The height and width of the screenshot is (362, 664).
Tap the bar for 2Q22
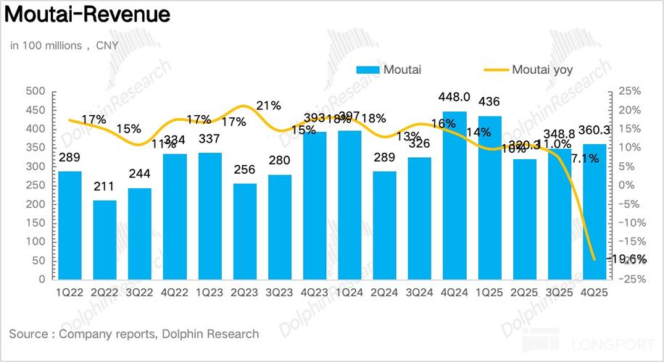[105, 240]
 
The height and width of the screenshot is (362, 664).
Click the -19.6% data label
[628, 259]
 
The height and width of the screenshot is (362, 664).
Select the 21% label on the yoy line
[268, 106]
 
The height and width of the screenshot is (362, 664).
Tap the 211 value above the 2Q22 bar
[105, 188]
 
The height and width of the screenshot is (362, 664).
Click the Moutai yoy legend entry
[538, 70]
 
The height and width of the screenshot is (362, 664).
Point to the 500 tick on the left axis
[36, 92]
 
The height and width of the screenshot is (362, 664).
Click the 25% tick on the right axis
[628, 92]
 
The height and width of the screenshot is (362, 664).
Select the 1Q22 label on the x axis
[70, 292]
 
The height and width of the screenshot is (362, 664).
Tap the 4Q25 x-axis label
[595, 292]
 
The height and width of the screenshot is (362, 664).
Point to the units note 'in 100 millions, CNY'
[65, 45]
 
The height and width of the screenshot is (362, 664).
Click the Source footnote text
[134, 334]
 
